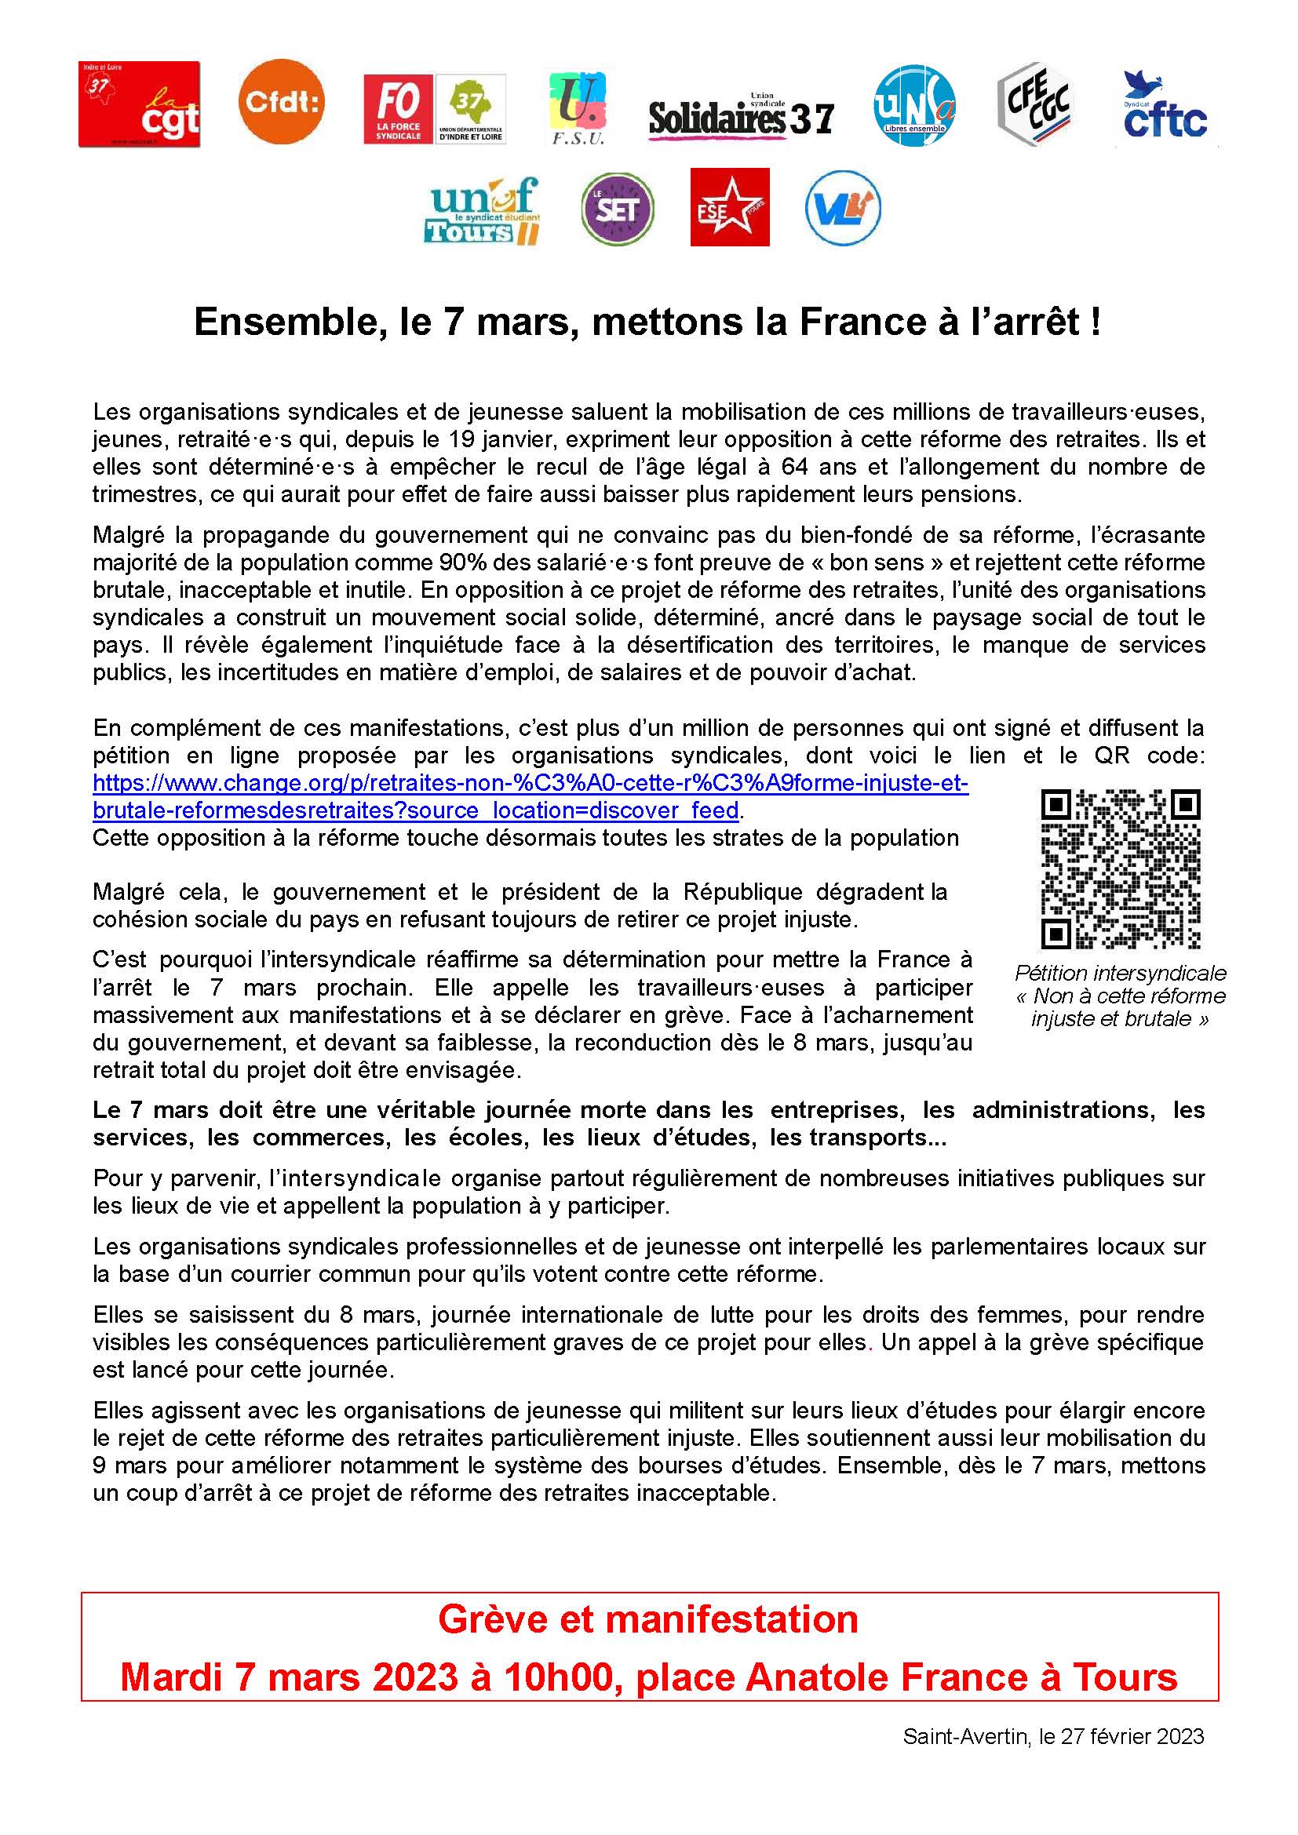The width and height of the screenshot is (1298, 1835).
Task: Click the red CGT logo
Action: click(139, 104)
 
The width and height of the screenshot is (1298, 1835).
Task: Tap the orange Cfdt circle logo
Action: click(282, 101)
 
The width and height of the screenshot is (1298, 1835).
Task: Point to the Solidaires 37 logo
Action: click(741, 117)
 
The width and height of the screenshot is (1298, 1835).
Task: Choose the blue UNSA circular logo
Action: click(913, 105)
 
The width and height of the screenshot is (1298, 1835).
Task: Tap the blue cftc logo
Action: click(1165, 107)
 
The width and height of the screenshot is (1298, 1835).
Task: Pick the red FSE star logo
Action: click(730, 207)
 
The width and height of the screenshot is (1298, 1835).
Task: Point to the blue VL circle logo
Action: click(843, 208)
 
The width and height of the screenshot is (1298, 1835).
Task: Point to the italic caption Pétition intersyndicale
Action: click(1120, 973)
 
